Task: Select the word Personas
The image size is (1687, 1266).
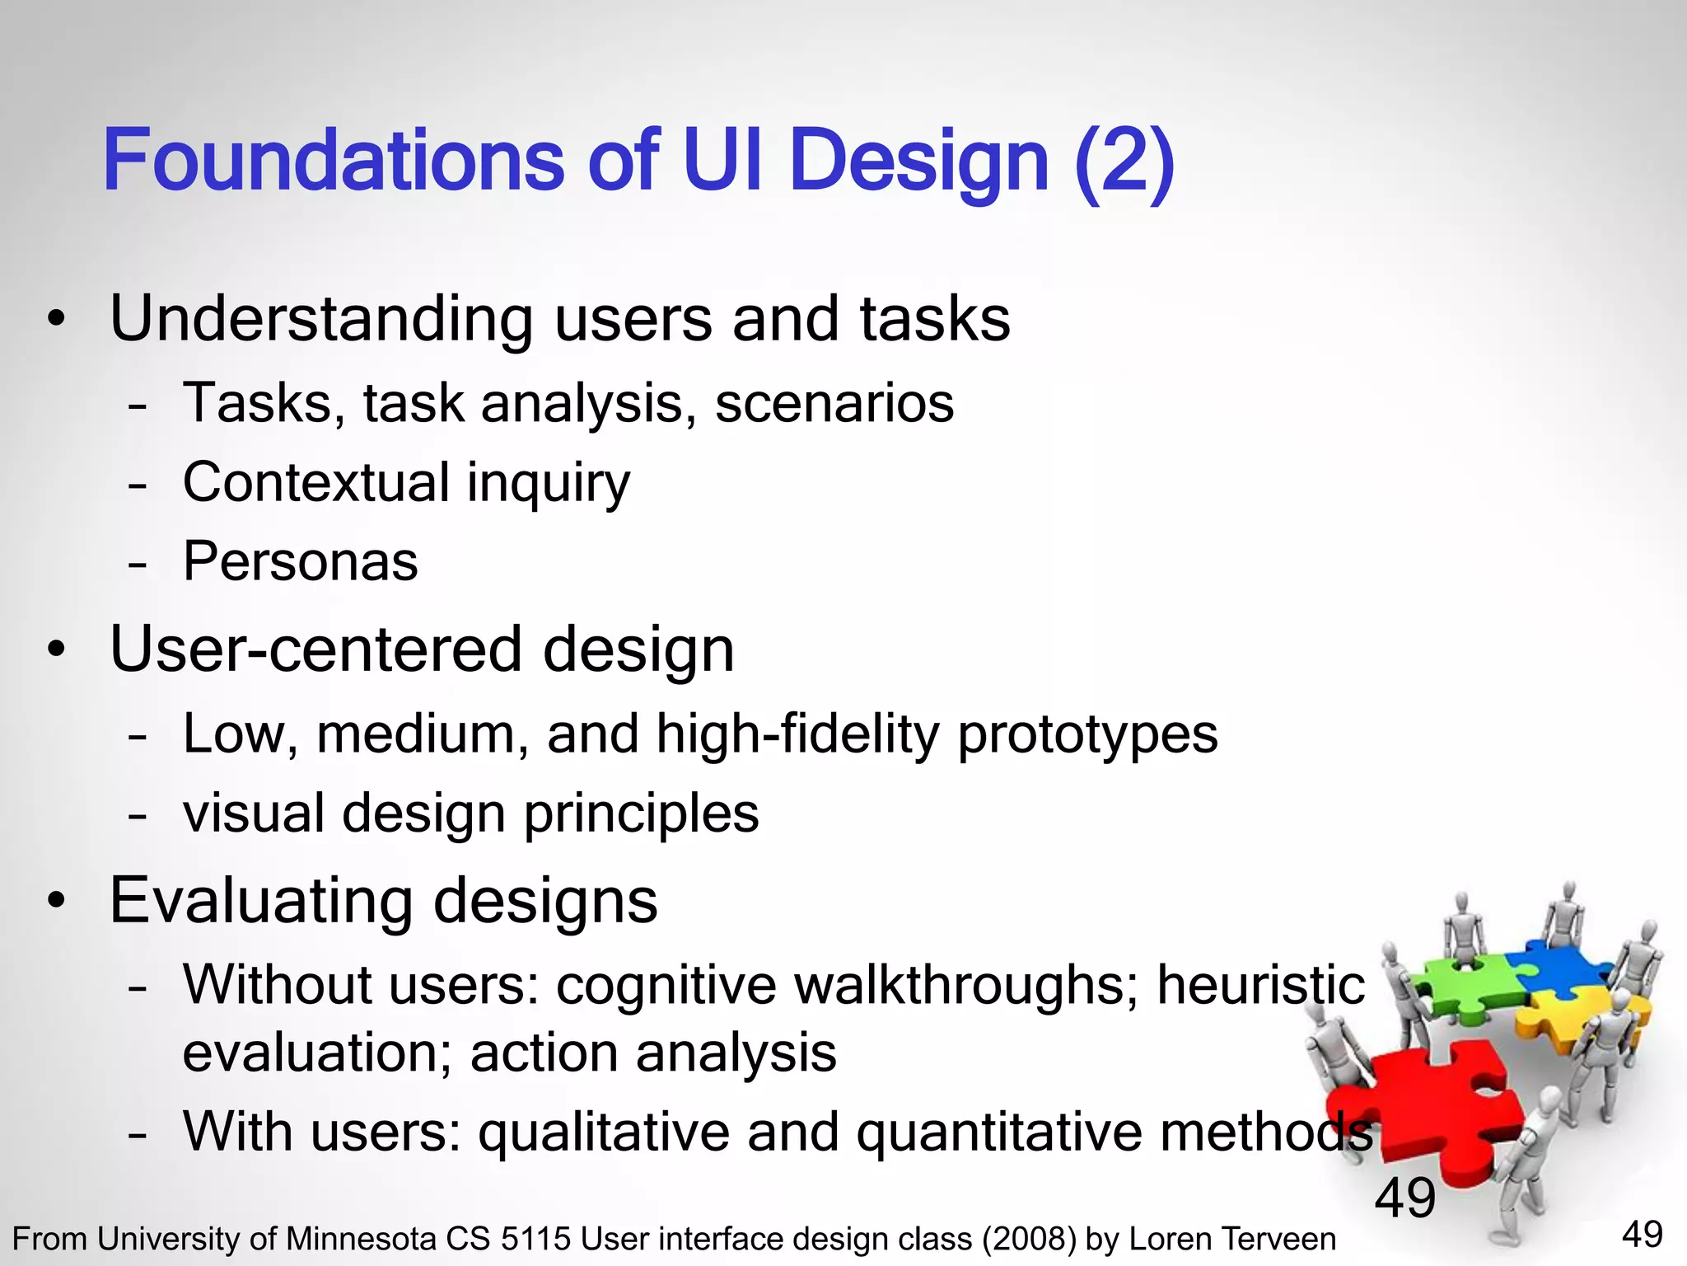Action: pos(300,562)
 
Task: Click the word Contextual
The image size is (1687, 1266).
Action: pos(315,482)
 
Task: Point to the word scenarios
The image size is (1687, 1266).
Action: pos(834,404)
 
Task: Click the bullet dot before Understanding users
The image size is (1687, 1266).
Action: pos(55,321)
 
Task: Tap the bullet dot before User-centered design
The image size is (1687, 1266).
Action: pos(55,651)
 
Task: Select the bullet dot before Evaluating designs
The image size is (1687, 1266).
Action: pos(55,902)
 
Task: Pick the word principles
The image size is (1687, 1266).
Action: pos(641,814)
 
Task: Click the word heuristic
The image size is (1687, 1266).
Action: pos(1260,985)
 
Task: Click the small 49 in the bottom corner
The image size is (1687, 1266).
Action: pos(1642,1235)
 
